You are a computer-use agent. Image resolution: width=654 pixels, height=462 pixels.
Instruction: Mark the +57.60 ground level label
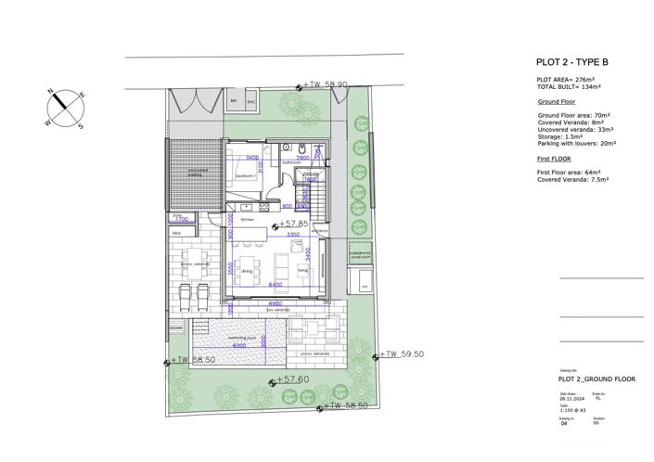pyautogui.click(x=293, y=379)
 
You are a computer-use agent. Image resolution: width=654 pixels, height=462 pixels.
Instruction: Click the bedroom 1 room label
pyautogui.click(x=246, y=174)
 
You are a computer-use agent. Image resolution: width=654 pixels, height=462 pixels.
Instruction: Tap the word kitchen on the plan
pyautogui.click(x=247, y=220)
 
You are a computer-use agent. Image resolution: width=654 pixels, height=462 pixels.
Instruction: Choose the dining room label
pyautogui.click(x=248, y=271)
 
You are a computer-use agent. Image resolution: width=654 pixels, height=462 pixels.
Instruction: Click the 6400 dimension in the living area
pyautogui.click(x=275, y=284)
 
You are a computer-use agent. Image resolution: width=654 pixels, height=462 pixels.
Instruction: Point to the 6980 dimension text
pyautogui.click(x=275, y=303)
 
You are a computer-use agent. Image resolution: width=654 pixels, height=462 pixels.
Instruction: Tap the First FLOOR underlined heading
pyautogui.click(x=555, y=160)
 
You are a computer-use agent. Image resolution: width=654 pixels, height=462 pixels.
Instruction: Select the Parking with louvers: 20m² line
pyautogui.click(x=577, y=144)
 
